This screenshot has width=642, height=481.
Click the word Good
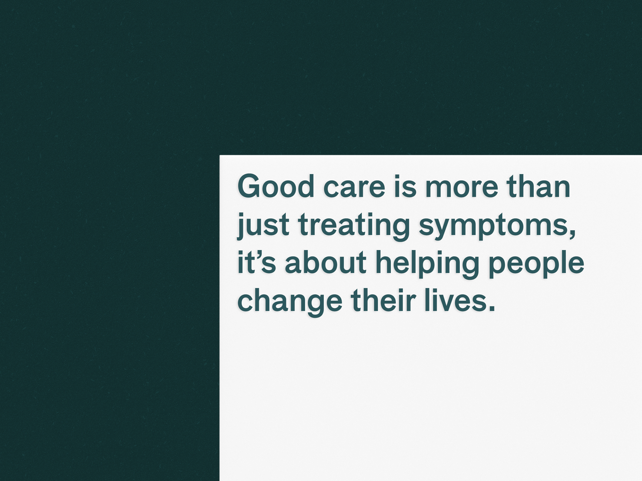pyautogui.click(x=276, y=186)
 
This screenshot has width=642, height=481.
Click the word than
pyautogui.click(x=538, y=186)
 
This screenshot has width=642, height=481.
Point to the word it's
pyautogui.click(x=257, y=263)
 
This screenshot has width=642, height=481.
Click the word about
pyautogui.click(x=325, y=263)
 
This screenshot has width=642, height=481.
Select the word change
pyautogui.click(x=290, y=303)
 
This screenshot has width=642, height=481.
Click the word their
pyautogui.click(x=383, y=300)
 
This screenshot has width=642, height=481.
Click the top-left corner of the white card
pyautogui.click(x=220, y=155)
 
